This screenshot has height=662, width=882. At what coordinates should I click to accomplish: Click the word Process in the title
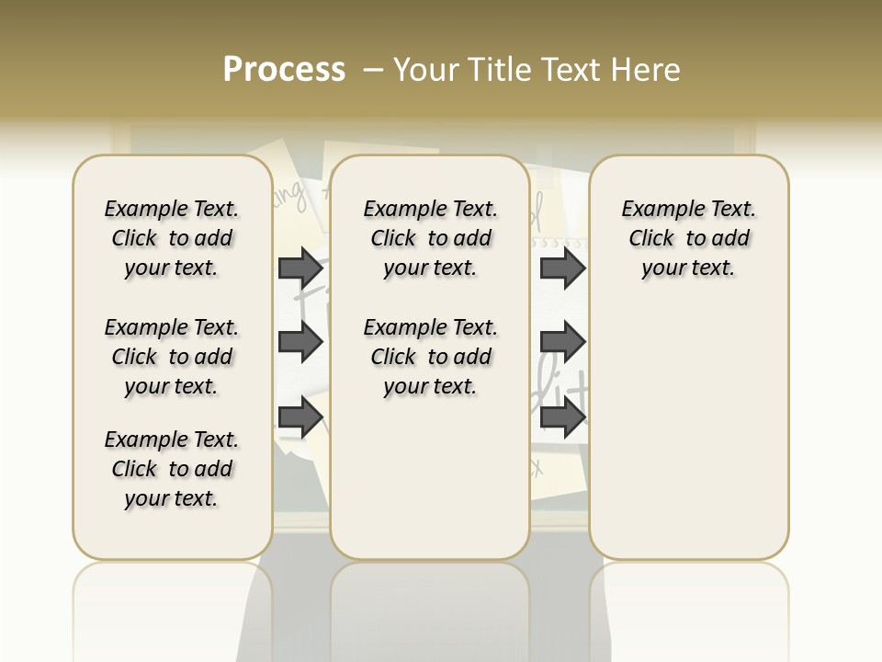[284, 70]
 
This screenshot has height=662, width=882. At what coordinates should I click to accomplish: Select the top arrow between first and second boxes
[300, 268]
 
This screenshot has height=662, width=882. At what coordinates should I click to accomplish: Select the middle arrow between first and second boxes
[300, 342]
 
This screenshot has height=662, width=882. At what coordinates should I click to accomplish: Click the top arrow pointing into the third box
[562, 268]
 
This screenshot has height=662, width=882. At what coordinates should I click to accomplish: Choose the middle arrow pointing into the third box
[562, 342]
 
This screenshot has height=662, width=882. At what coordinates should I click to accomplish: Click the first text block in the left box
[172, 238]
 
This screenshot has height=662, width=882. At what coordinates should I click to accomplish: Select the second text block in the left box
[172, 357]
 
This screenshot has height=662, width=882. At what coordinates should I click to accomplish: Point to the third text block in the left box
[172, 469]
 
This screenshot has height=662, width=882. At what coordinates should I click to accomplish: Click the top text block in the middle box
[430, 238]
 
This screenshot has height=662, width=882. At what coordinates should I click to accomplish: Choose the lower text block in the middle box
[430, 357]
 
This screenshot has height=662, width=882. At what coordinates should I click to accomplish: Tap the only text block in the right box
[688, 238]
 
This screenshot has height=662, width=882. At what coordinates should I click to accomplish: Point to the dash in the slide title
[372, 70]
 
